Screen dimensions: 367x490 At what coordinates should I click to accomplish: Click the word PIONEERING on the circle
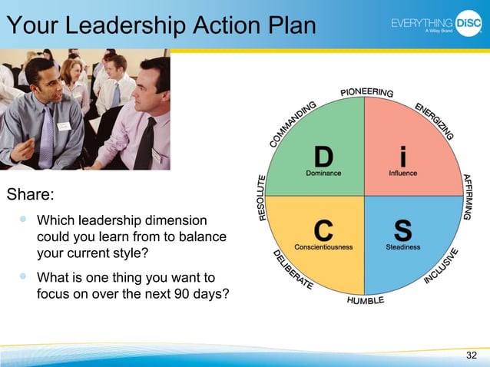(x=366, y=93)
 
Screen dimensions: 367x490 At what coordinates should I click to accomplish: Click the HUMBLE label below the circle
(x=366, y=300)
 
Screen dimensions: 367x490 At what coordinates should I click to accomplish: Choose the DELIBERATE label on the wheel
(x=293, y=269)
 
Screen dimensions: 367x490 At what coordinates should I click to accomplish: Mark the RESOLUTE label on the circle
(x=262, y=197)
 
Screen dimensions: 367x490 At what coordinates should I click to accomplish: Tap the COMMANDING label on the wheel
(x=293, y=124)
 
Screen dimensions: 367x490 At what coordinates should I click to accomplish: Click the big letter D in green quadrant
(x=323, y=156)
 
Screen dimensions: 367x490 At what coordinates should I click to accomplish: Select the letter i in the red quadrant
(x=403, y=156)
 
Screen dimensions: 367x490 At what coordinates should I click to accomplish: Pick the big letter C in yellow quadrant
(x=323, y=230)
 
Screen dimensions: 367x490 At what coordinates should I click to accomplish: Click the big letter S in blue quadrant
(x=402, y=230)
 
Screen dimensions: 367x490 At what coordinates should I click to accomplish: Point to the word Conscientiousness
(x=323, y=247)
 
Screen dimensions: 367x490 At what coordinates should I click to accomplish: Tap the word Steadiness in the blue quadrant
(x=403, y=247)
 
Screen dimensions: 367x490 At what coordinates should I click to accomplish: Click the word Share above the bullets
(x=29, y=191)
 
